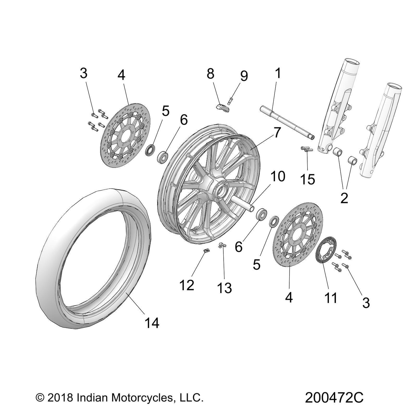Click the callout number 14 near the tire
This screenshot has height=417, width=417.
pos(152,323)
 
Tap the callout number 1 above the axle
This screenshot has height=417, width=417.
pos(278,73)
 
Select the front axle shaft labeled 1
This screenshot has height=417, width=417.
pos(287,122)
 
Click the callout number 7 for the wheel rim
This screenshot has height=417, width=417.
pos(277,133)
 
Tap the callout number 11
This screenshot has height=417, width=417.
pos(330,297)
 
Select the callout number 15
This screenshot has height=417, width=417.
pos(308,179)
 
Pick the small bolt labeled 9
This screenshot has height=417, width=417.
pos(230,100)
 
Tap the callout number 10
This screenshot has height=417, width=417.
pos(278,176)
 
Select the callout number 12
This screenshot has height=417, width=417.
pos(187,285)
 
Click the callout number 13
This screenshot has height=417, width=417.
pos(224,288)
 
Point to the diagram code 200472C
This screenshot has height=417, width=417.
pos(334,398)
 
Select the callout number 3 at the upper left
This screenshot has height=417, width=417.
pos(83,73)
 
